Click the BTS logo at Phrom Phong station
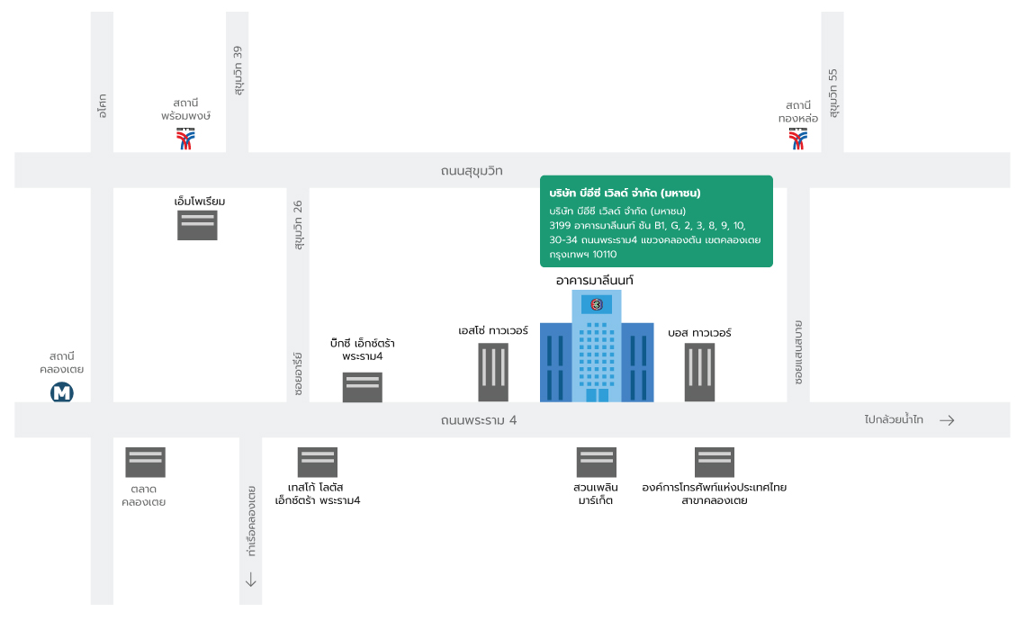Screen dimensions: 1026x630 click(x=185, y=138)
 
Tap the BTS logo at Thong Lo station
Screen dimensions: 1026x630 click(x=797, y=138)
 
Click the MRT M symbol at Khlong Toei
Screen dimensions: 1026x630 click(x=62, y=392)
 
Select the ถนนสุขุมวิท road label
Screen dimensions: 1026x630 click(x=471, y=171)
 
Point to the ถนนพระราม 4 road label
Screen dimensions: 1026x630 click(x=478, y=420)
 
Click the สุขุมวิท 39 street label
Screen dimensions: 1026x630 click(x=238, y=71)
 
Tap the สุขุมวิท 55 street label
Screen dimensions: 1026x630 click(x=832, y=93)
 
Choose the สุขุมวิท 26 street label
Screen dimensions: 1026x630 click(x=298, y=225)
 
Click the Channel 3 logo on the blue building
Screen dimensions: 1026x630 click(x=596, y=304)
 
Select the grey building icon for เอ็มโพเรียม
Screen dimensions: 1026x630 click(x=197, y=226)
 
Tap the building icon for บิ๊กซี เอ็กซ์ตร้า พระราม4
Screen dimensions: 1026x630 click(x=363, y=387)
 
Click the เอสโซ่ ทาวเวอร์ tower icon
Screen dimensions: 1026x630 click(x=493, y=373)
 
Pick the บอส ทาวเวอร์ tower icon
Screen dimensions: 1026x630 click(x=699, y=373)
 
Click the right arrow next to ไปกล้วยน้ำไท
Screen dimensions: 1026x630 click(x=947, y=420)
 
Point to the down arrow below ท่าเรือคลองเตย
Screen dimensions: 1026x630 click(x=250, y=580)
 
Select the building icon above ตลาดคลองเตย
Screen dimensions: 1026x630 click(x=145, y=463)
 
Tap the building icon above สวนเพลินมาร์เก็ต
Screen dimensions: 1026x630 click(x=596, y=463)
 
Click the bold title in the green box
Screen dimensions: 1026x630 click(x=625, y=193)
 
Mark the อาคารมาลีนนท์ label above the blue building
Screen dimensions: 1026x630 click(x=595, y=280)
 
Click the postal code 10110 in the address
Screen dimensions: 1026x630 click(x=605, y=254)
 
